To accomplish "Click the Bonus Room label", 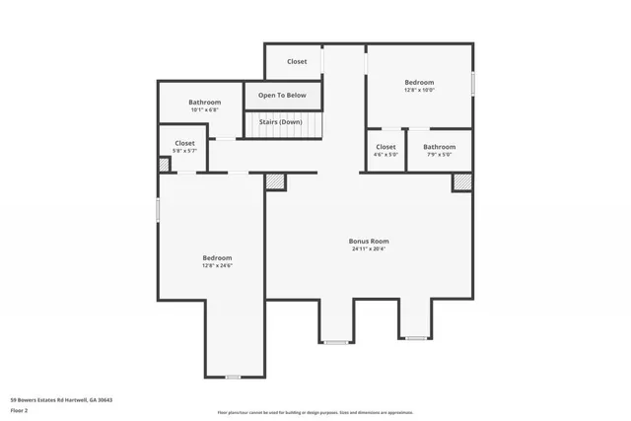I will tap(369, 241).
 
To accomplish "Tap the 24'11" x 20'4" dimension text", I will tap(369, 248).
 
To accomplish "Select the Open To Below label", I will tap(282, 96).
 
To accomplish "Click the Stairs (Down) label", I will tap(281, 121).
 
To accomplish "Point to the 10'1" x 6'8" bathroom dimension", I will tap(204, 110).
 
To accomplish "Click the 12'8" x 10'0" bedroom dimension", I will tap(419, 90).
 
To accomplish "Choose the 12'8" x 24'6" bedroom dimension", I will tap(217, 265).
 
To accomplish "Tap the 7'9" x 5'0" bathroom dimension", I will tap(439, 155).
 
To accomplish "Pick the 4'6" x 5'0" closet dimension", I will tap(386, 155).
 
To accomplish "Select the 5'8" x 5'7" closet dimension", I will tap(184, 151).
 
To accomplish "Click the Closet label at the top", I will tap(297, 61).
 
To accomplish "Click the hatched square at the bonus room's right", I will tap(461, 182).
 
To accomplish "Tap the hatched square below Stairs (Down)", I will tap(275, 181).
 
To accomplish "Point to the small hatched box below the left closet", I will tap(164, 165).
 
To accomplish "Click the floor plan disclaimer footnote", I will tap(315, 413).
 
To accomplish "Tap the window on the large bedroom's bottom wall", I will tap(233, 377).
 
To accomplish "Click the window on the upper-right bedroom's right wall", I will tap(473, 83).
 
